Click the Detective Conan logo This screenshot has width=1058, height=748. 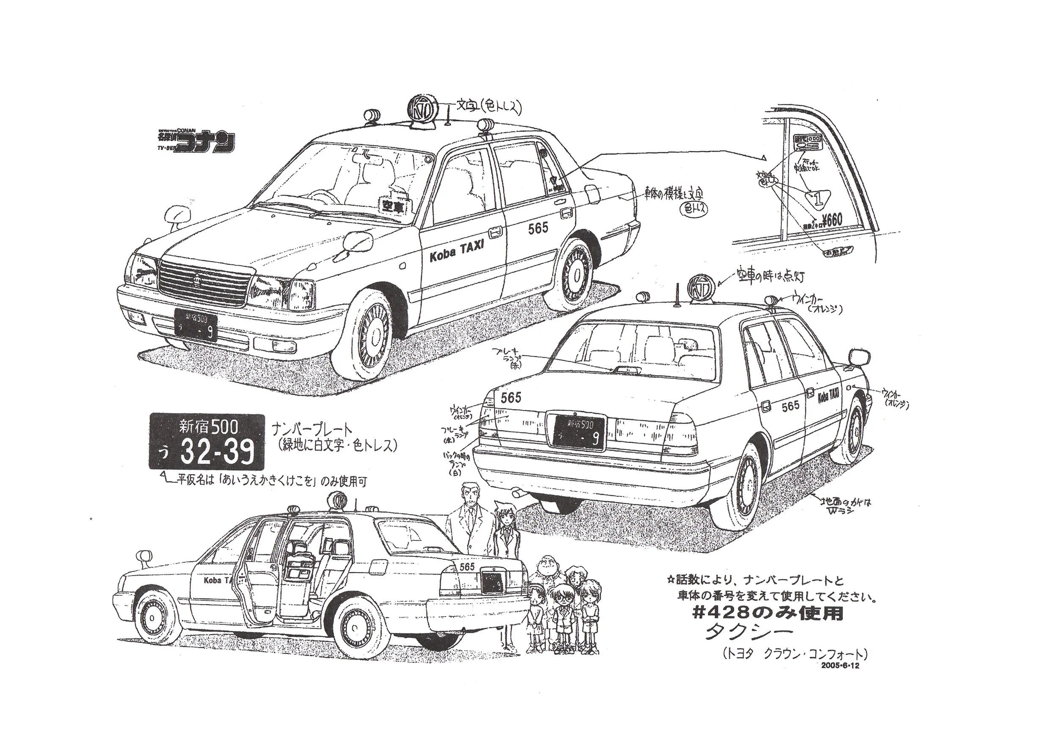click(196, 141)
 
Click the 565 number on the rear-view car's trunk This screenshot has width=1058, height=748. click(510, 398)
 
